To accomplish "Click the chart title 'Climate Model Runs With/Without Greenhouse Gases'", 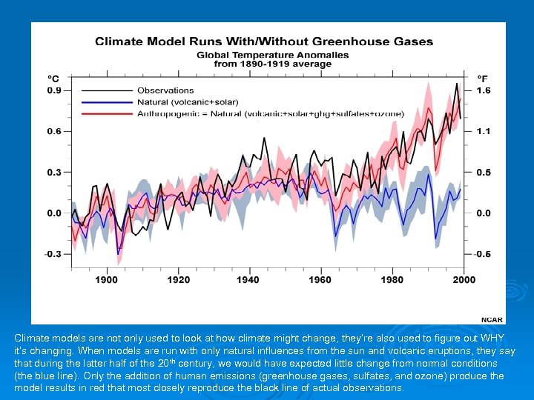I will click(x=264, y=41).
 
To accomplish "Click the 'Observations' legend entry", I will click(x=165, y=91).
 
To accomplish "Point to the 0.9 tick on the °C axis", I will click(x=54, y=91).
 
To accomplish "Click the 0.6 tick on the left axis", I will click(x=54, y=132).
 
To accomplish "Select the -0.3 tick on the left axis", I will click(x=53, y=254).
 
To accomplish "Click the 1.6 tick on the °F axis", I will click(x=483, y=91).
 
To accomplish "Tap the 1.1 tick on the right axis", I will click(x=483, y=132).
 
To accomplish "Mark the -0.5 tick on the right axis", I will click(x=482, y=254).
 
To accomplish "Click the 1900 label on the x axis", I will click(x=106, y=279).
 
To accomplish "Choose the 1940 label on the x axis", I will click(x=248, y=279).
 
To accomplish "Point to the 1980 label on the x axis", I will click(x=392, y=279).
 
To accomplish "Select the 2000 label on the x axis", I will click(x=463, y=279).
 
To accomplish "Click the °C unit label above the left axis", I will click(x=54, y=78).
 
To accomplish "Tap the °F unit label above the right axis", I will click(x=482, y=78).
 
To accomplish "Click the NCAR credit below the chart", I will click(x=492, y=319).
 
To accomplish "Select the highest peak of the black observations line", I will click(x=455, y=83).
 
